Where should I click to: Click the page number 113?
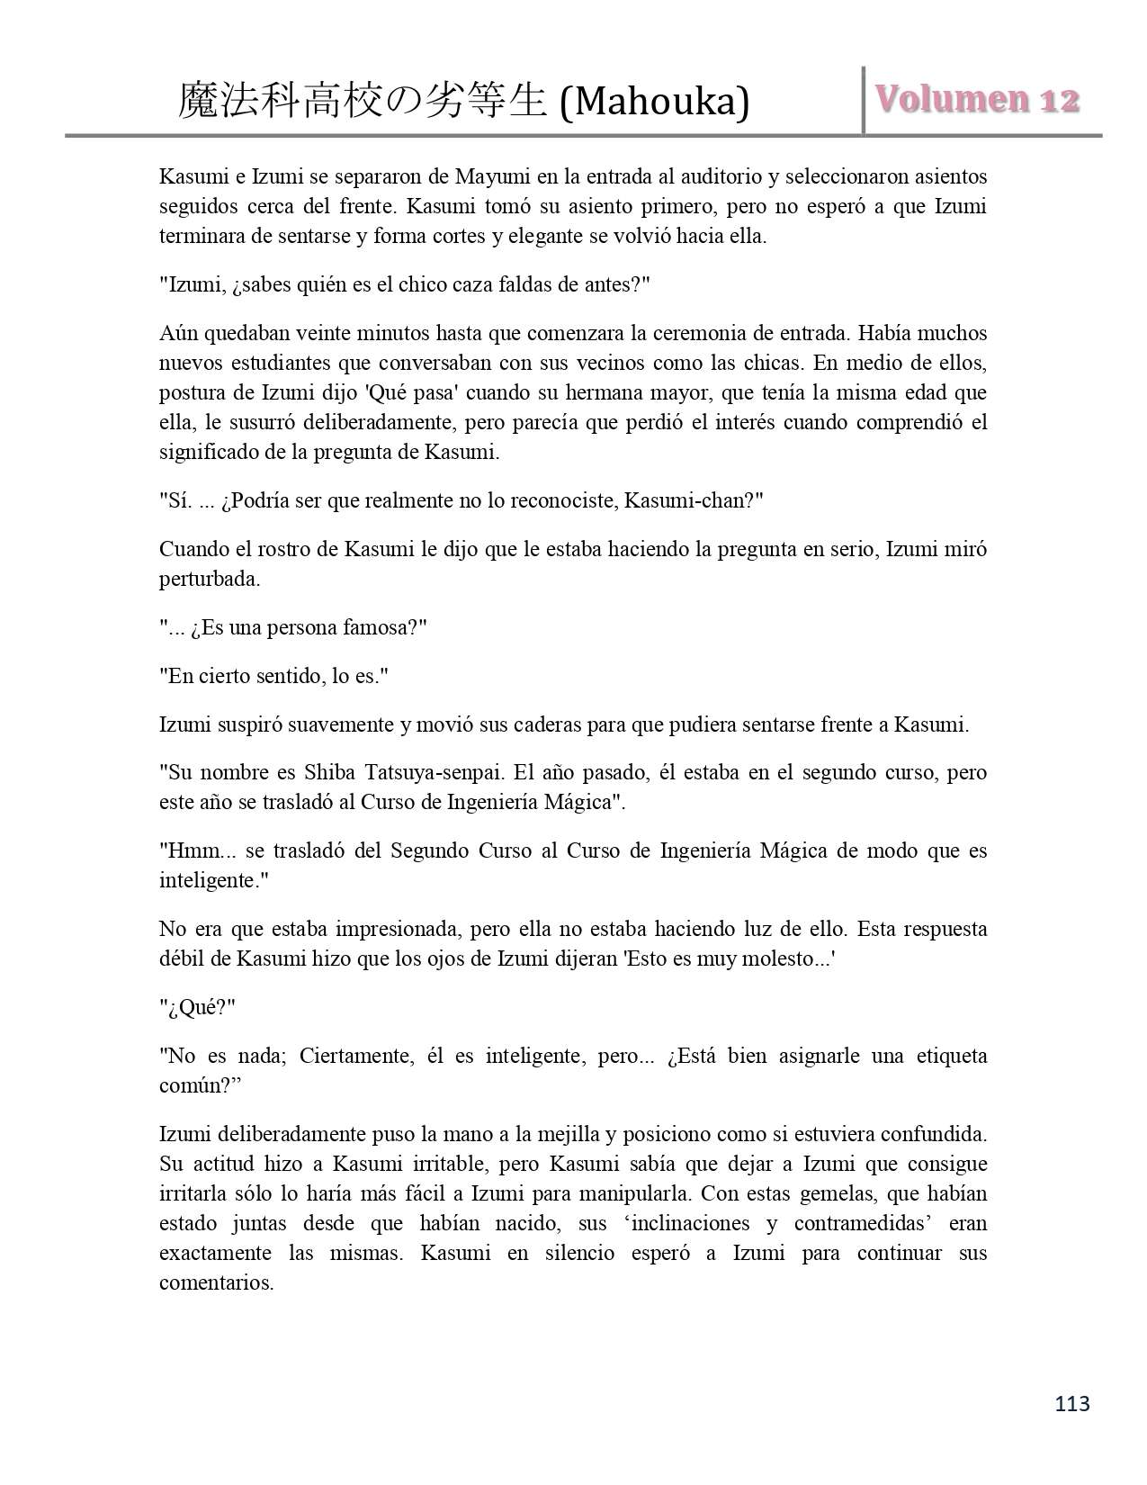pyautogui.click(x=1071, y=1403)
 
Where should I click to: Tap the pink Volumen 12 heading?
pyautogui.click(x=977, y=99)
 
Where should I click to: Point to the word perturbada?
pyautogui.click(x=210, y=579)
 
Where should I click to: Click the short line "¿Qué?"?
pyautogui.click(x=198, y=1007)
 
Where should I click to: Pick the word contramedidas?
pyautogui.click(x=868, y=1223)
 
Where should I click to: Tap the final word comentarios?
pyautogui.click(x=216, y=1282)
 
